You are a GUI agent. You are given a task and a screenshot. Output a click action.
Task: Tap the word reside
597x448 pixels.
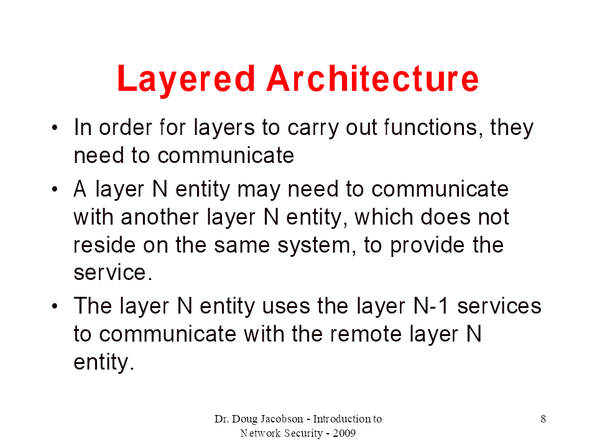click(104, 245)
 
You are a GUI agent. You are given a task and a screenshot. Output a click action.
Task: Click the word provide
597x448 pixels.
click(427, 246)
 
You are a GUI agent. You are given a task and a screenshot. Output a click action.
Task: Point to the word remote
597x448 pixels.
click(366, 334)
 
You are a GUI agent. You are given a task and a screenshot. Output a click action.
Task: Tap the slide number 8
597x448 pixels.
click(544, 419)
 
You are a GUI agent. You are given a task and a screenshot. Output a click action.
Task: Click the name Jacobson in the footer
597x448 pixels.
click(282, 419)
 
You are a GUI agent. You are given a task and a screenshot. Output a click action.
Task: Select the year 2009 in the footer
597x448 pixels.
click(344, 433)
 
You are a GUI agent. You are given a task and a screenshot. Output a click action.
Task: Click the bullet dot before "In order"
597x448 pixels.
click(55, 128)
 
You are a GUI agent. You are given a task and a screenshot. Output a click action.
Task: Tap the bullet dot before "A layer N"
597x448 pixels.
click(55, 189)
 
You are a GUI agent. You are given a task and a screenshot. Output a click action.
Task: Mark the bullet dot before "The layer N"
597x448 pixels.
click(55, 306)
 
